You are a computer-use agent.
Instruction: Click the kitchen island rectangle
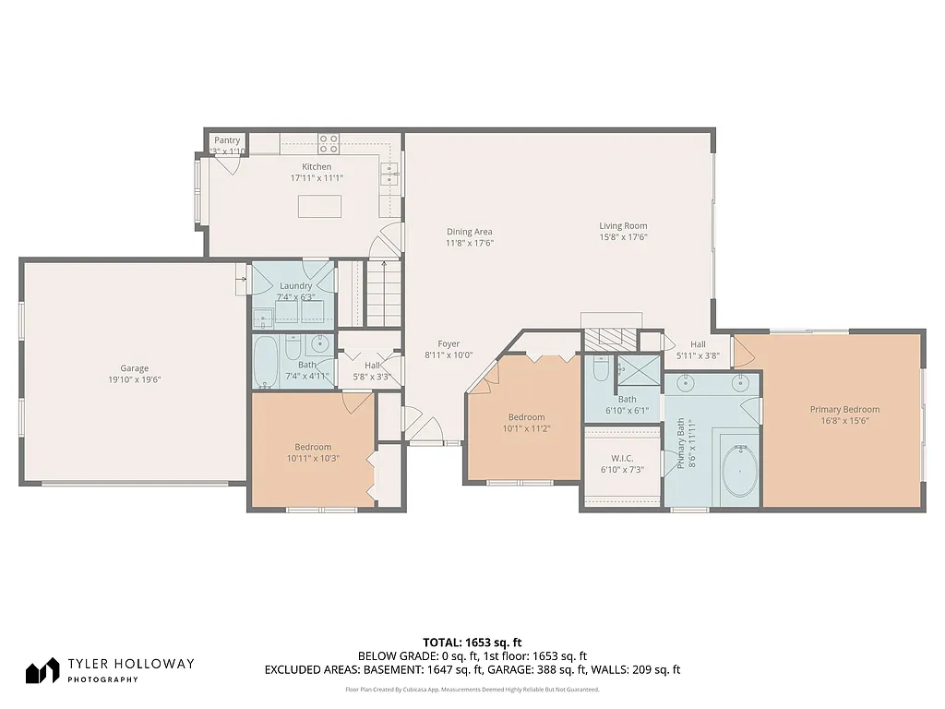coord(319,206)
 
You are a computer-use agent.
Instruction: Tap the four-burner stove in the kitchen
coord(328,143)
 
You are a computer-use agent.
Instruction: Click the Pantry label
coord(227,140)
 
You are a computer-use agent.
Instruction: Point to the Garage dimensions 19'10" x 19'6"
coord(134,379)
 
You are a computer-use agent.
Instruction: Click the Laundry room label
coord(295,286)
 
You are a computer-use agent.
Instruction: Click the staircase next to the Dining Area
coord(383,293)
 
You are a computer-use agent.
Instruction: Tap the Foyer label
coord(449,344)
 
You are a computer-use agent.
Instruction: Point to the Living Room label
coord(623,225)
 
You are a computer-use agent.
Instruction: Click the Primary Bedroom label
coord(844,410)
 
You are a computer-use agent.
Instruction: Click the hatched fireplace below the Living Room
coord(610,337)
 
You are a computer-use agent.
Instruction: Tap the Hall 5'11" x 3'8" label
coord(698,344)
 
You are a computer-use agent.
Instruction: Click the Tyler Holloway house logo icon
coord(42,671)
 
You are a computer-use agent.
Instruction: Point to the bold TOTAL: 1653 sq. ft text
coord(472,642)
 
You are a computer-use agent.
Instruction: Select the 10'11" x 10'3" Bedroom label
coord(313,447)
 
